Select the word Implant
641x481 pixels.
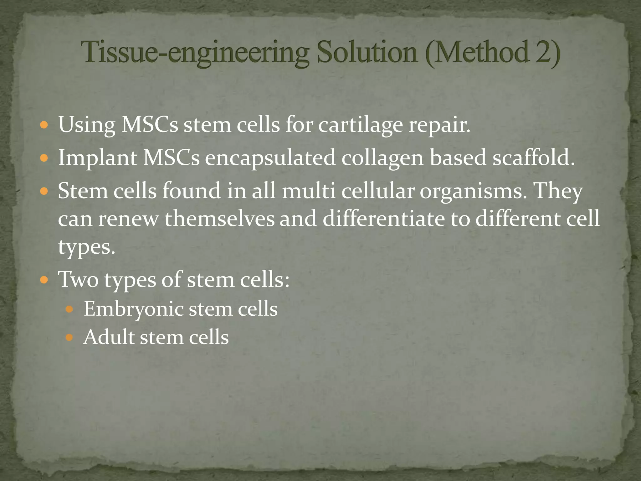[97, 158]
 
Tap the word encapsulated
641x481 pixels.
[270, 158]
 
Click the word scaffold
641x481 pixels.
[534, 157]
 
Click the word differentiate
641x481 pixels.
[383, 219]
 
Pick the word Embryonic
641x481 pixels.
[134, 309]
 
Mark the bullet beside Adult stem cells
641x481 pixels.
[69, 338]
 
